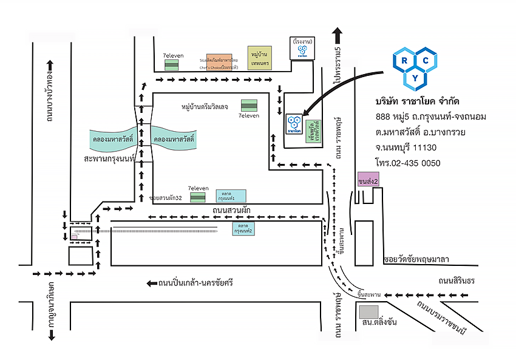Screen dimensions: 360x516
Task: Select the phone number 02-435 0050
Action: tap(416, 163)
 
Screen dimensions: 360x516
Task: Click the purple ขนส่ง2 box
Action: tap(368, 181)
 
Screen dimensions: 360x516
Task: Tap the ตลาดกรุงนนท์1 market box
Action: tap(231, 196)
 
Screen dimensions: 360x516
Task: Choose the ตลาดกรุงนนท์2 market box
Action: tap(243, 229)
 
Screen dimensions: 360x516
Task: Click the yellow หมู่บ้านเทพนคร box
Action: tap(259, 58)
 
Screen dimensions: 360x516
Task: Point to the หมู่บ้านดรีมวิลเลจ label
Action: tap(205, 107)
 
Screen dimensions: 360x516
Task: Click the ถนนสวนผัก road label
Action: tap(232, 210)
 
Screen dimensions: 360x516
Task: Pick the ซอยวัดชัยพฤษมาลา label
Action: tap(416, 260)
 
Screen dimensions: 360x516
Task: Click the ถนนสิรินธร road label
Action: tap(460, 280)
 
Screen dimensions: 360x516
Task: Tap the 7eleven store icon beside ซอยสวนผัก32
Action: tap(198, 197)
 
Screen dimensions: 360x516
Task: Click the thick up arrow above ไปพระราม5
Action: tap(338, 34)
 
